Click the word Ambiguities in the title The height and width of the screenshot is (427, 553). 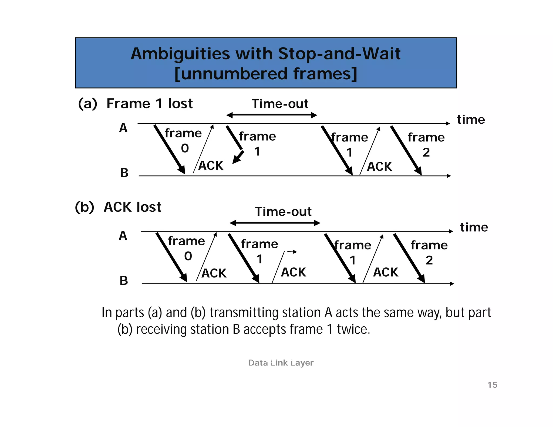point(180,54)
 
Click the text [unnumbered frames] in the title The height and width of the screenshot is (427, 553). point(266,74)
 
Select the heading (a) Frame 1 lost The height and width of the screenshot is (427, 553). point(135,104)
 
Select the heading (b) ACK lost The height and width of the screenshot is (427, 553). point(118,207)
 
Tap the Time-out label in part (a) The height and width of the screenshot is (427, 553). point(280,104)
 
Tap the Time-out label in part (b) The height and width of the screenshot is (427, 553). point(283,212)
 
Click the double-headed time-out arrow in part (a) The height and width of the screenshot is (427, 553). point(272,116)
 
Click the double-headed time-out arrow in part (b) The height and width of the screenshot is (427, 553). point(275,223)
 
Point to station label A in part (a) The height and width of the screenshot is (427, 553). point(123,128)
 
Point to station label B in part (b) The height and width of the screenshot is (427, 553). point(124,281)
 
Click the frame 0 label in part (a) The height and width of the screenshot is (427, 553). point(183,140)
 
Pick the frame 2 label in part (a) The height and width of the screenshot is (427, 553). point(426,144)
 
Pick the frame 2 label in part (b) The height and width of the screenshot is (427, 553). point(429,252)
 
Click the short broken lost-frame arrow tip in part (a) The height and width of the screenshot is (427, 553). point(237,158)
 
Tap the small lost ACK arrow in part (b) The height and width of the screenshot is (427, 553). point(292,252)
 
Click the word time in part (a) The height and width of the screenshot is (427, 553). point(471,120)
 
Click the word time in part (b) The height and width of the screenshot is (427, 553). point(474,227)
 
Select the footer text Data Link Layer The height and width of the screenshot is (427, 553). point(281,363)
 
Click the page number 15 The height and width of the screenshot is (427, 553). point(492,385)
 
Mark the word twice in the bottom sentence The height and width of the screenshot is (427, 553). point(353,329)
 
